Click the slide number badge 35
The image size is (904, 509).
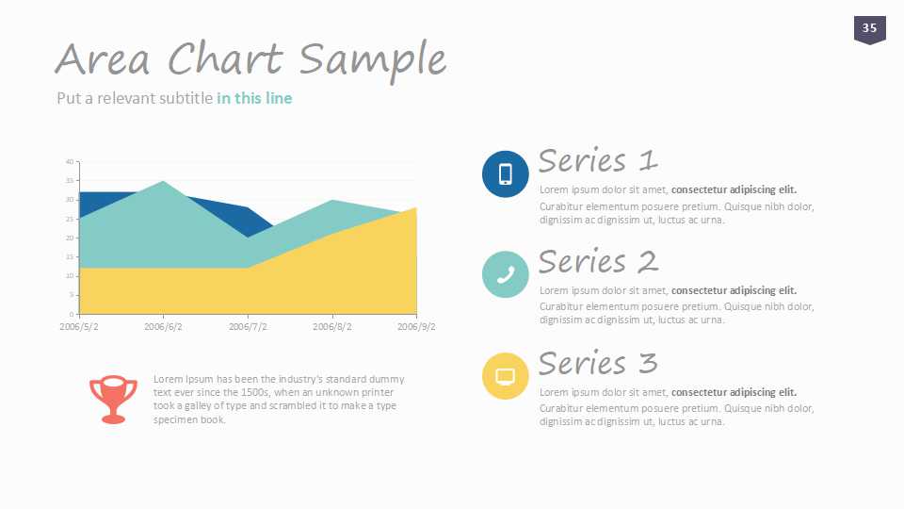point(869,29)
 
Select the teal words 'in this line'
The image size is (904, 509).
point(254,98)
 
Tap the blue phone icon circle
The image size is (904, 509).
point(505,173)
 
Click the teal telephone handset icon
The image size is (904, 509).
point(505,274)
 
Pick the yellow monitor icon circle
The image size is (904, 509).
point(505,376)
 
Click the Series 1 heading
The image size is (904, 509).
point(598,160)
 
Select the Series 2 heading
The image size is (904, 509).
point(598,261)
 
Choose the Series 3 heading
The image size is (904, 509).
point(598,363)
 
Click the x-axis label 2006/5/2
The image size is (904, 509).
point(79,327)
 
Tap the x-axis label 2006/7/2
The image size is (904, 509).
point(248,327)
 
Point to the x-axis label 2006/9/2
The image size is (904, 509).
point(416,327)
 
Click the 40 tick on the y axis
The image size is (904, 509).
point(70,161)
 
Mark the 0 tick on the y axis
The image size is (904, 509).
point(72,314)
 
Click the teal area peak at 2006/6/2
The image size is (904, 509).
point(163,181)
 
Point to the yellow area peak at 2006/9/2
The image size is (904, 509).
point(415,207)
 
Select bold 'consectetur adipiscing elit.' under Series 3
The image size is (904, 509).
point(734,392)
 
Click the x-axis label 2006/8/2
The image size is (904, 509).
point(332,327)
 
